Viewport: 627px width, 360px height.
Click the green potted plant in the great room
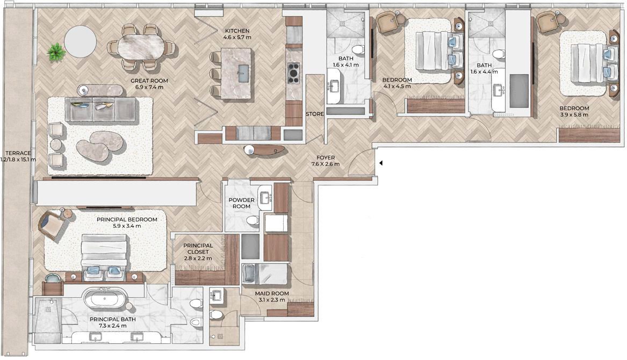pos(56,52)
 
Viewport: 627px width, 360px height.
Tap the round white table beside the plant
pos(81,41)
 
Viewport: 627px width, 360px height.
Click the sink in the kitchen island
pos(243,73)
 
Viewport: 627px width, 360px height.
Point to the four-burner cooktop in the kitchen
pos(293,73)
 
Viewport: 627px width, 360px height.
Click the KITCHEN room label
pos(237,31)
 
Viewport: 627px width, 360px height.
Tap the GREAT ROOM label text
pos(149,81)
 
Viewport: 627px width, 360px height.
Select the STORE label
pos(315,114)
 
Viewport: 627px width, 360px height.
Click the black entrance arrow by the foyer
pos(381,163)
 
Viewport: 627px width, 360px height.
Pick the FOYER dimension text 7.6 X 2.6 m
pos(326,164)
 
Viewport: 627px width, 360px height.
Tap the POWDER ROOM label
pos(242,203)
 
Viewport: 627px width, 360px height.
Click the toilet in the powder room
pos(253,220)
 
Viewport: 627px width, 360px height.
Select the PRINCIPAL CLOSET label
pos(198,248)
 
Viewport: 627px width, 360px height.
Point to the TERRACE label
pos(18,153)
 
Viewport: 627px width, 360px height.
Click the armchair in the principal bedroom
pos(52,226)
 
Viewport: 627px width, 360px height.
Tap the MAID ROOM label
pos(272,293)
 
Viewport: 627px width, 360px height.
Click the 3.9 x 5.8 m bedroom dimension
pos(574,115)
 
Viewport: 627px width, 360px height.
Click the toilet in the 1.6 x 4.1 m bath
pos(358,50)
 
